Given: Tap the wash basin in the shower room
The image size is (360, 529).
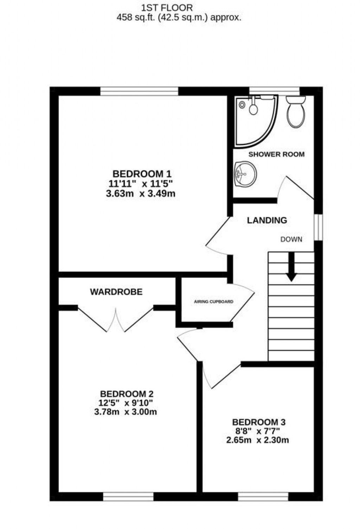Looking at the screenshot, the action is click(246, 174).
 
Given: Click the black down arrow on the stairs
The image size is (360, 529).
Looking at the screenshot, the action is click(291, 267).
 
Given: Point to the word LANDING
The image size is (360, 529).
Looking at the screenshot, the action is click(267, 220).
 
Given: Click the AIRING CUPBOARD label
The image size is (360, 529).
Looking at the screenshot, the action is click(213, 302).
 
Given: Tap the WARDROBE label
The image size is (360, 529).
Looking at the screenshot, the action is click(116, 292).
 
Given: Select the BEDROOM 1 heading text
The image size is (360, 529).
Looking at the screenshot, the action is click(142, 174).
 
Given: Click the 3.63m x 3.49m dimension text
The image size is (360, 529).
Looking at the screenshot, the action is click(141, 194).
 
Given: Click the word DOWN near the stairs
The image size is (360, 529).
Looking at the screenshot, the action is click(291, 240).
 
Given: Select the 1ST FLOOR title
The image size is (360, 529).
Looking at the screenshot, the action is click(167, 8).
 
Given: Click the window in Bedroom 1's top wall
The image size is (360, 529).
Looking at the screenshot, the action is click(139, 91).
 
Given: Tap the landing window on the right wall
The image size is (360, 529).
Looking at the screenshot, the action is click(319, 227).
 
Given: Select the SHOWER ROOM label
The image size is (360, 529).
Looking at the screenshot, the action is click(276, 155).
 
